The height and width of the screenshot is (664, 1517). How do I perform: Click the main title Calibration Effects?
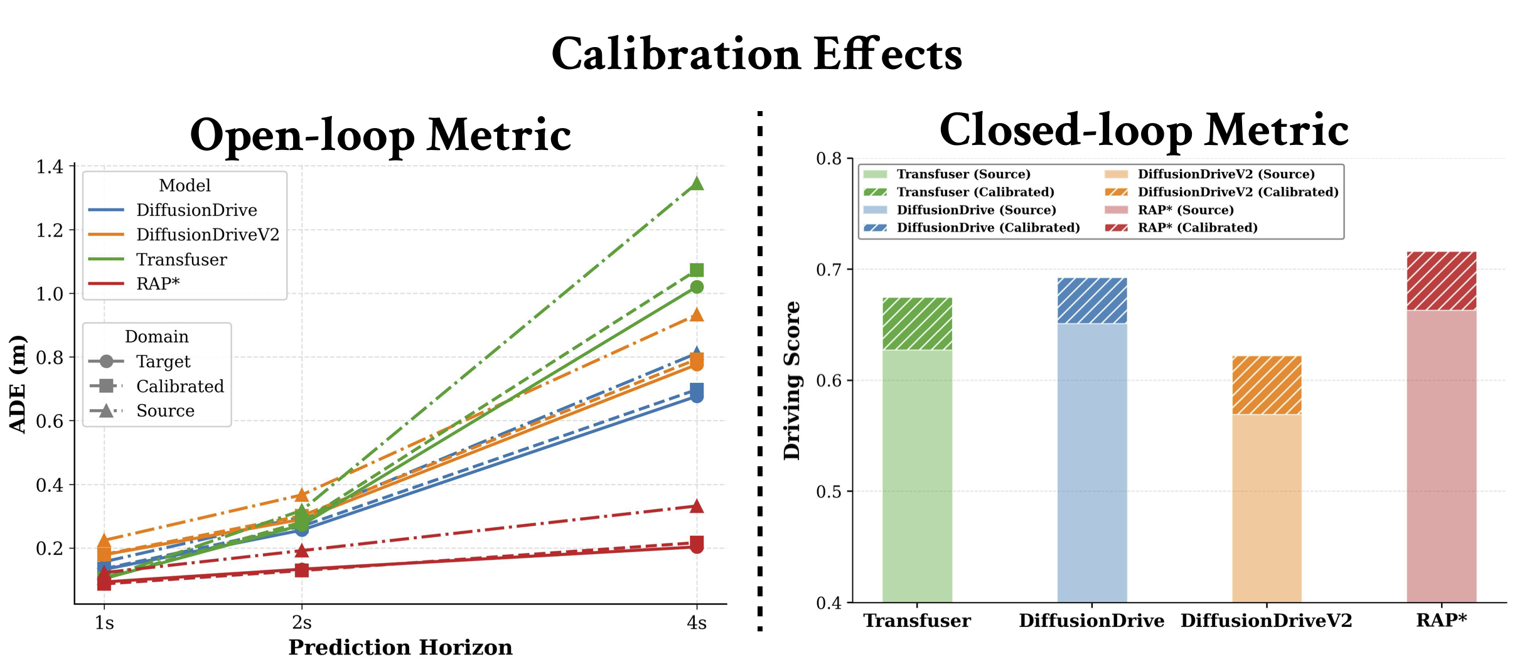pyautogui.click(x=757, y=54)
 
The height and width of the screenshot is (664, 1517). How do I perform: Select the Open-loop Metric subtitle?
pyautogui.click(x=380, y=136)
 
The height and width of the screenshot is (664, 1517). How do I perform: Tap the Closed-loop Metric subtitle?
pyautogui.click(x=1144, y=131)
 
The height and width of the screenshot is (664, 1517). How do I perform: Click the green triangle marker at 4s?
pyautogui.click(x=697, y=184)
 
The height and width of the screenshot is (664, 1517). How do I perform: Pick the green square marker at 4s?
pyautogui.click(x=697, y=270)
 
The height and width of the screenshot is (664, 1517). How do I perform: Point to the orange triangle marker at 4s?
pyautogui.click(x=697, y=314)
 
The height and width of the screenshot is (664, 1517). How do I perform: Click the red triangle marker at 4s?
pyautogui.click(x=697, y=506)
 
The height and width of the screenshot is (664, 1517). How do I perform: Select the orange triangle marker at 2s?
pyautogui.click(x=302, y=495)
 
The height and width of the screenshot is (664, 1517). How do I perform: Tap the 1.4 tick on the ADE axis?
pyautogui.click(x=50, y=167)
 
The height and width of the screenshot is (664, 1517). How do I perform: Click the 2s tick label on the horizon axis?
pyautogui.click(x=302, y=623)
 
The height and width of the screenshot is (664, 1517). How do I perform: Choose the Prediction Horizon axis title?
pyautogui.click(x=400, y=648)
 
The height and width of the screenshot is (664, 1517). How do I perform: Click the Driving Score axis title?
pyautogui.click(x=792, y=380)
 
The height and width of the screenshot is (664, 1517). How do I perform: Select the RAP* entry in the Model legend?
pyautogui.click(x=158, y=284)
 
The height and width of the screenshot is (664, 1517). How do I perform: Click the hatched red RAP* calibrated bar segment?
pyautogui.click(x=1441, y=281)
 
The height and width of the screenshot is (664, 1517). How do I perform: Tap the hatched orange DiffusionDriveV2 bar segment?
pyautogui.click(x=1267, y=385)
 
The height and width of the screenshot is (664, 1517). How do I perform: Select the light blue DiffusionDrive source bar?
pyautogui.click(x=1092, y=463)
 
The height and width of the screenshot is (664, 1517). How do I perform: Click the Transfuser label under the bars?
pyautogui.click(x=917, y=621)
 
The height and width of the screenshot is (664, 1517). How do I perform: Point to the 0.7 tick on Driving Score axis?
pyautogui.click(x=828, y=270)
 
